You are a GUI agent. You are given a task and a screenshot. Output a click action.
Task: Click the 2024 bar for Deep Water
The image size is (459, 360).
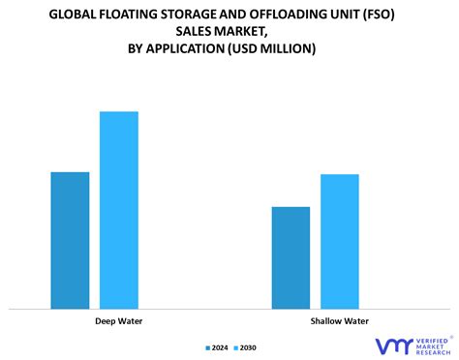tap(70, 240)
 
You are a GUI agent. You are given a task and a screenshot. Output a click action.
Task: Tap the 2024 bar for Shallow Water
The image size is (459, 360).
tap(291, 257)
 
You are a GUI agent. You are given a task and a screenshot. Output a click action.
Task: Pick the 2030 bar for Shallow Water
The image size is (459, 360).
tap(340, 241)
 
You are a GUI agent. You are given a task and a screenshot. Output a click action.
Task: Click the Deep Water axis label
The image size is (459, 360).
tap(119, 321)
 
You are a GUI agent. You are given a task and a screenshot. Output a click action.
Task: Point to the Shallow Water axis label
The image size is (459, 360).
tap(340, 321)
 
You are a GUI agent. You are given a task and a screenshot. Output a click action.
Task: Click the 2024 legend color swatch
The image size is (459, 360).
tap(208, 347)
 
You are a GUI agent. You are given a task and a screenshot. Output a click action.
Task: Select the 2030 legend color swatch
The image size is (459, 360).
tap(235, 347)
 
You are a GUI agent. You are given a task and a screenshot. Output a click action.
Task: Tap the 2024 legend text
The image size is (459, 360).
tap(221, 347)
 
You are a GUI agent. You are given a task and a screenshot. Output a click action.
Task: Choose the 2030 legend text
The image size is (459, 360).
tap(248, 347)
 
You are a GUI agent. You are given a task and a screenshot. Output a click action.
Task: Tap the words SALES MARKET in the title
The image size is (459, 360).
tap(229, 31)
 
